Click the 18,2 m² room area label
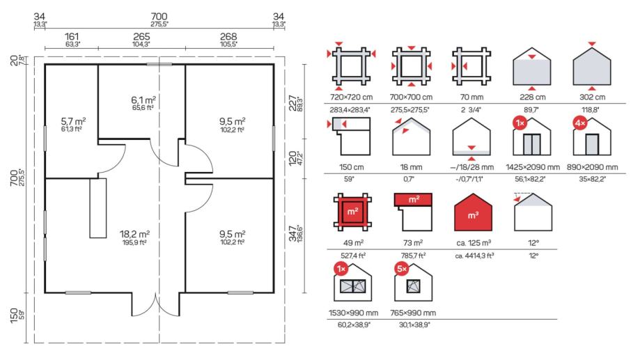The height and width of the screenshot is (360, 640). pyautogui.click(x=134, y=234)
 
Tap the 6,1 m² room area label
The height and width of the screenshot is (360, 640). pyautogui.click(x=143, y=100)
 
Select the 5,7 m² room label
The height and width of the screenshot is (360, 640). pyautogui.click(x=73, y=121)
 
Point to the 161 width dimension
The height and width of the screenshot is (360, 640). pyautogui.click(x=72, y=36)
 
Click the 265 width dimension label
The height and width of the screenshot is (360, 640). pyautogui.click(x=141, y=36)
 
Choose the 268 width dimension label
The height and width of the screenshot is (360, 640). pyautogui.click(x=228, y=36)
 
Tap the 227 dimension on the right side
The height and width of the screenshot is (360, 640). pyautogui.click(x=292, y=103)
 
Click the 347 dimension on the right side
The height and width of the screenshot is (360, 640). pyautogui.click(x=292, y=234)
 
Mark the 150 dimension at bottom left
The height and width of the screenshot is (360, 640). pyautogui.click(x=13, y=315)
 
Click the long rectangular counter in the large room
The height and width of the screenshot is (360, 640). pyautogui.click(x=98, y=208)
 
